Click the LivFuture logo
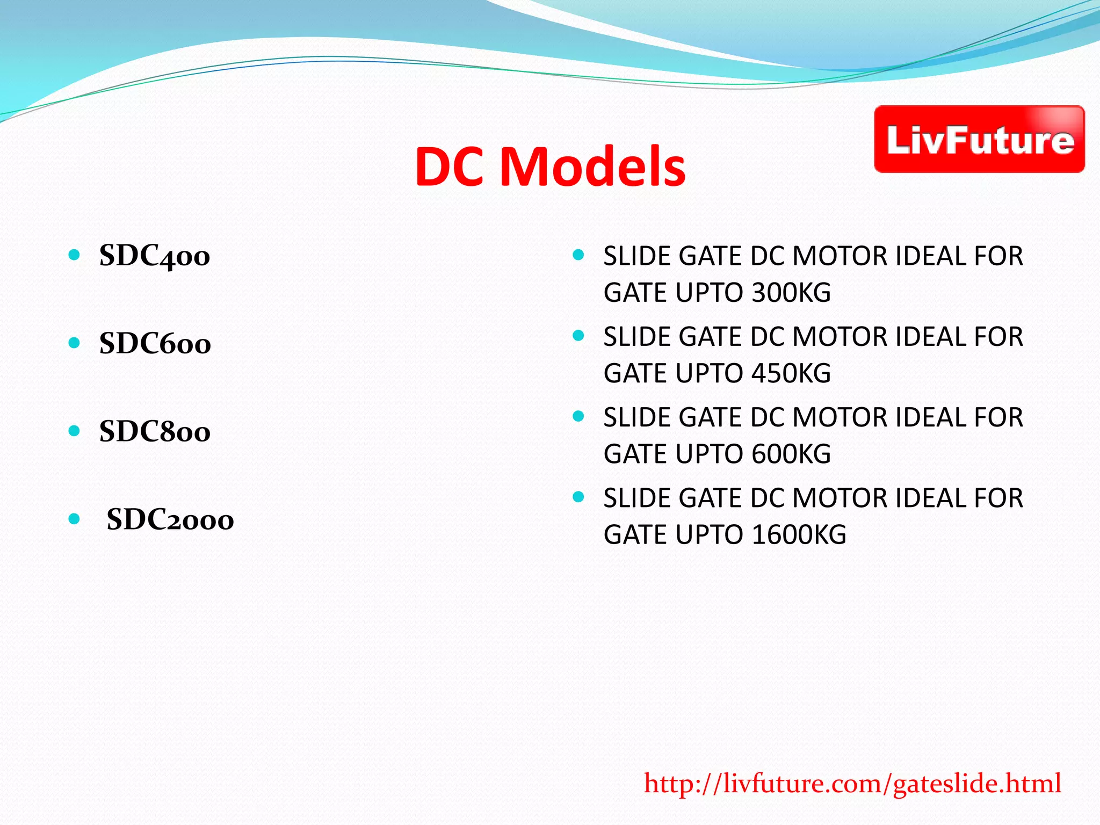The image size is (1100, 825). (979, 139)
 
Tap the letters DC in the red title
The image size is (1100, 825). (452, 167)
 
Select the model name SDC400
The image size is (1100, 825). (155, 256)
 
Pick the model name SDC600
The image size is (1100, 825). (155, 344)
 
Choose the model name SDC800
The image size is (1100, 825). (155, 432)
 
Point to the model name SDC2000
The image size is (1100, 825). (170, 520)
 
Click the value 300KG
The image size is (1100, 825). (791, 293)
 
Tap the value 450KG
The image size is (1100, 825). (791, 374)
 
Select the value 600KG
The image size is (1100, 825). (791, 454)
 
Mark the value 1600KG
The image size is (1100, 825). (799, 535)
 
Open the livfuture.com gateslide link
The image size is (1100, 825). (852, 784)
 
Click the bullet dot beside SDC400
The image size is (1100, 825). (75, 255)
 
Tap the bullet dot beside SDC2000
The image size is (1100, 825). (75, 519)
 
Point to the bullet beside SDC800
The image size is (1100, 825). (75, 431)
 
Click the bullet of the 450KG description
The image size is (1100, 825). (578, 336)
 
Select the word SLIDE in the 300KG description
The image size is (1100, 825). (637, 256)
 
